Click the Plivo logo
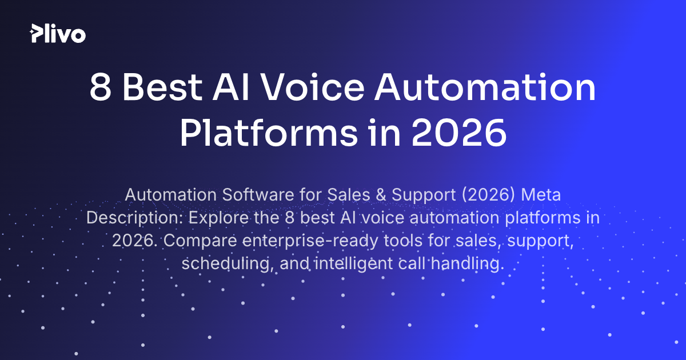click(x=58, y=34)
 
